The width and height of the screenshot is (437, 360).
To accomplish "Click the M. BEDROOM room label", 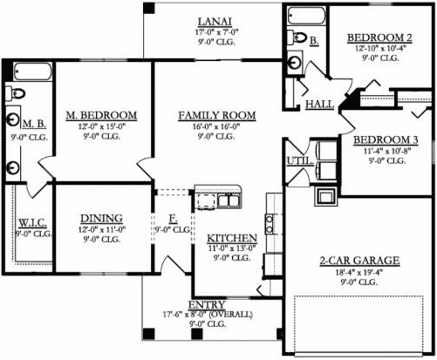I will pyautogui.click(x=101, y=115).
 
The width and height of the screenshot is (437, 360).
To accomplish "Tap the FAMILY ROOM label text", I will pyautogui.click(x=216, y=115).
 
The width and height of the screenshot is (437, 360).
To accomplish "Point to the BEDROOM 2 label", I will pyautogui.click(x=378, y=37).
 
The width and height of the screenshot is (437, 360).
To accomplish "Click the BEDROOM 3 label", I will pyautogui.click(x=386, y=139).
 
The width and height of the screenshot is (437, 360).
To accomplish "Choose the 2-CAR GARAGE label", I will pyautogui.click(x=358, y=261).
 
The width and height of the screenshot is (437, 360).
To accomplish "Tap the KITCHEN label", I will pyautogui.click(x=230, y=238).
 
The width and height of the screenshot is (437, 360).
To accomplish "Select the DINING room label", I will pyautogui.click(x=100, y=218).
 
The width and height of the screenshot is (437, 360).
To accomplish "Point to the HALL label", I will pyautogui.click(x=319, y=105).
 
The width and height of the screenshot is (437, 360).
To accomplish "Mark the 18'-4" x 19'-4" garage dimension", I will pyautogui.click(x=358, y=272).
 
